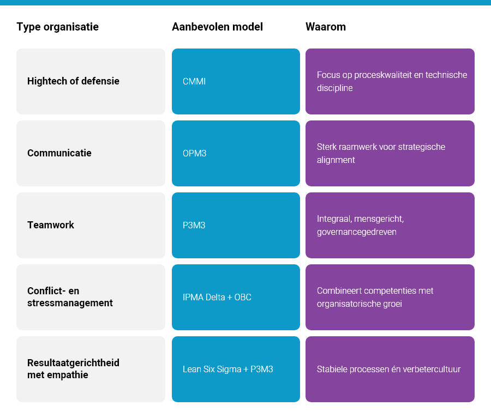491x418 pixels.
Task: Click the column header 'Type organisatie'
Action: pos(57,27)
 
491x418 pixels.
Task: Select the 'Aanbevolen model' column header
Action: pos(217,27)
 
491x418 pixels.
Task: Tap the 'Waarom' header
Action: pos(326,27)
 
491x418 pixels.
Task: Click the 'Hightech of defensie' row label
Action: pos(73,81)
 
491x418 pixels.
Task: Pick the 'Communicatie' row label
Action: pos(59,153)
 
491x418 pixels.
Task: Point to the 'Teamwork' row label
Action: pos(51,225)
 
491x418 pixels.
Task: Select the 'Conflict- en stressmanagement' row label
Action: pos(70,297)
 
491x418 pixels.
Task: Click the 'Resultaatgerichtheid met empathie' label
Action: pos(73,369)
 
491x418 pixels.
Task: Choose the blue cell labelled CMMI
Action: pos(236,81)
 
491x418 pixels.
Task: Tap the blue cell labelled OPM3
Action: pos(236,153)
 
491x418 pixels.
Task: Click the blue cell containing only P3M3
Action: pos(236,225)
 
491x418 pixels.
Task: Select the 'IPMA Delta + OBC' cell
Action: pos(236,297)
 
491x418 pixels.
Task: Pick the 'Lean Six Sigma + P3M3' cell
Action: pos(236,369)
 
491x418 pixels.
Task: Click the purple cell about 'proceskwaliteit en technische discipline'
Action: pos(390,81)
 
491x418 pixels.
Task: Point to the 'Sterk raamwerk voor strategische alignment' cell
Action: pos(390,153)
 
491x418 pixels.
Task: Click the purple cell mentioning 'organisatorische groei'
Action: pos(390,297)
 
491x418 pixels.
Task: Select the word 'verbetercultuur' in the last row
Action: pos(432,369)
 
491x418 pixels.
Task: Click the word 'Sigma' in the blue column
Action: pos(227,369)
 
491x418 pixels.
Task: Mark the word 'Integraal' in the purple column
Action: pos(334,219)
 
